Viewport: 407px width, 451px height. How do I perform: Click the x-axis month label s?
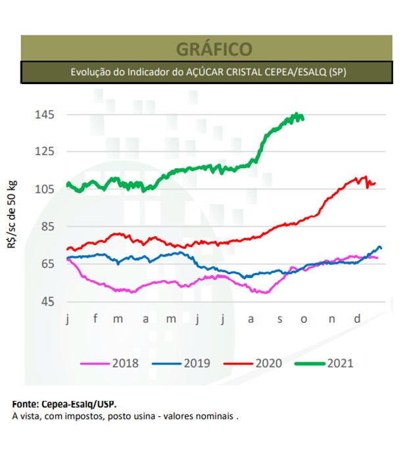tap(279, 320)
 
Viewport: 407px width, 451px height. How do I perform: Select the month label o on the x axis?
tap(304, 320)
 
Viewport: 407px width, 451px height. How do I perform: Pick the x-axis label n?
tap(331, 320)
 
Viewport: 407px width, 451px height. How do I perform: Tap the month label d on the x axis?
tap(357, 320)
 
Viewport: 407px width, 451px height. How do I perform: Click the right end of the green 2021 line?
tap(303, 118)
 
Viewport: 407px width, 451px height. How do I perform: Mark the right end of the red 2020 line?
tap(375, 183)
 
